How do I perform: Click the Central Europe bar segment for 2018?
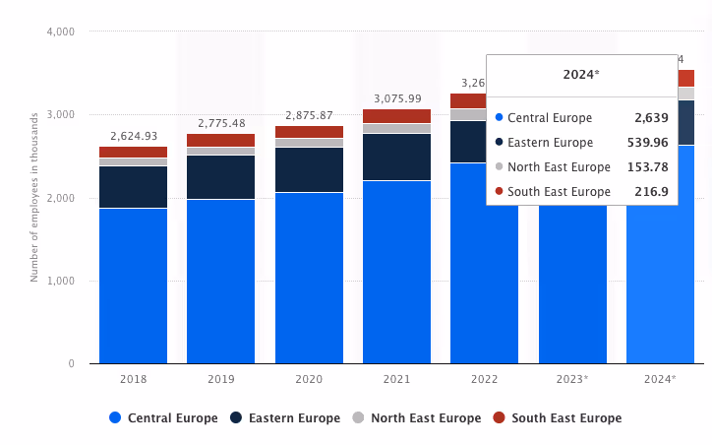tap(133, 286)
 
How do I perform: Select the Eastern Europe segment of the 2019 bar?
tap(220, 177)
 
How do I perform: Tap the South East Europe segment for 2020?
tap(309, 132)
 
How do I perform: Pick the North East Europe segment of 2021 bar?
tap(396, 128)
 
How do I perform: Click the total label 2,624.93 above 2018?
tap(133, 136)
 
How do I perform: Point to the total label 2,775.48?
tap(220, 123)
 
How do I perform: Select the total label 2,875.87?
tap(309, 115)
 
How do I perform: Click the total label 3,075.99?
tap(396, 98)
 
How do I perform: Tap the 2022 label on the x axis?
tap(484, 379)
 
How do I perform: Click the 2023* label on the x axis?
tap(572, 379)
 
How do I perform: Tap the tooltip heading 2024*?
tap(581, 75)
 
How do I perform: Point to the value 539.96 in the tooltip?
tap(647, 142)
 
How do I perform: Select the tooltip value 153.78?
tap(647, 166)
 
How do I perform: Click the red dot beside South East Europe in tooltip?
tap(499, 191)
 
